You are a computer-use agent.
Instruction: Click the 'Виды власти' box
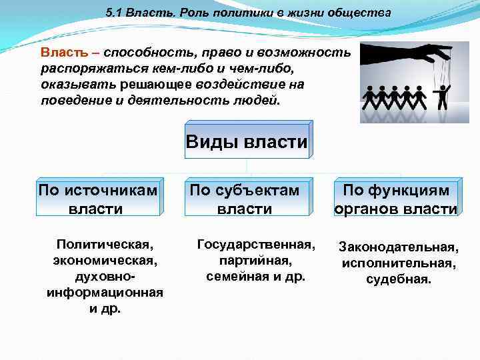point(247,141)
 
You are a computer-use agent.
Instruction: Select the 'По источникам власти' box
point(99,199)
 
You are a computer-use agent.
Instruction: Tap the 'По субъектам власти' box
point(245,199)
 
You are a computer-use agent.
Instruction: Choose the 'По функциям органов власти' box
point(396,199)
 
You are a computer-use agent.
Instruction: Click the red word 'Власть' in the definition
point(61,52)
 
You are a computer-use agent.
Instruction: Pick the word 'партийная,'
point(255,259)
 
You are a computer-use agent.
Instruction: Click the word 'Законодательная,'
point(399,247)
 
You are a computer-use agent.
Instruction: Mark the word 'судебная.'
point(399,279)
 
